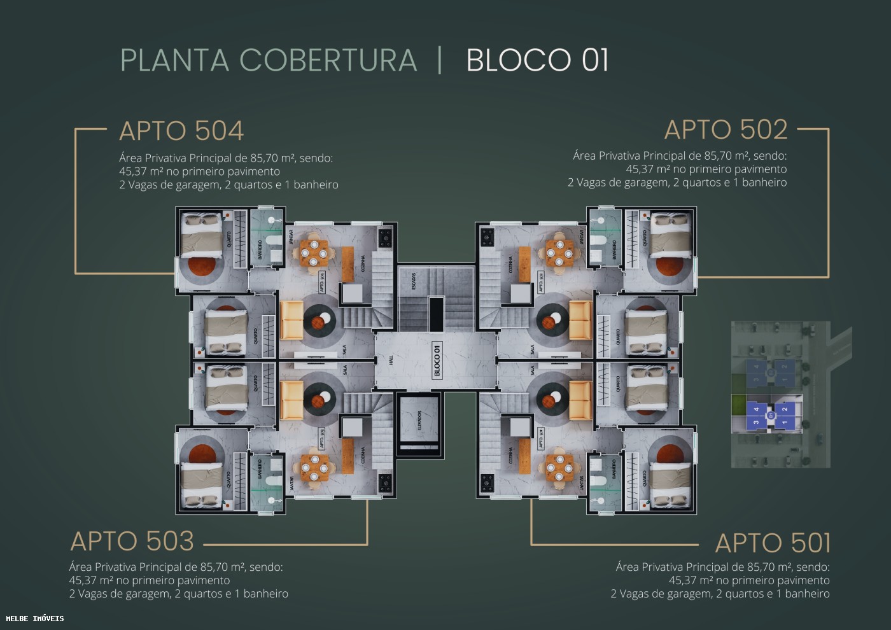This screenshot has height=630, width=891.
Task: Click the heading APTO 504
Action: pyautogui.click(x=181, y=131)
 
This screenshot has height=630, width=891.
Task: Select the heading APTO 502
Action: pyautogui.click(x=726, y=130)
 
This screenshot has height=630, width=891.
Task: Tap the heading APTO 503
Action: pyautogui.click(x=132, y=542)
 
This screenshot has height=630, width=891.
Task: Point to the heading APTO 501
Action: pyautogui.click(x=773, y=543)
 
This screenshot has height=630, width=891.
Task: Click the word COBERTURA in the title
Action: pyautogui.click(x=328, y=60)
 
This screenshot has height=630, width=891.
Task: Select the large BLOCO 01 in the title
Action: pyautogui.click(x=537, y=60)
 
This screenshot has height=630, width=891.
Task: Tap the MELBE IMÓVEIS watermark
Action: pyautogui.click(x=35, y=618)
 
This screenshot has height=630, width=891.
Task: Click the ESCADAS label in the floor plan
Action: pyautogui.click(x=413, y=280)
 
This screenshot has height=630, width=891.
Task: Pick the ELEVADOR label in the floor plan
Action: pyautogui.click(x=419, y=420)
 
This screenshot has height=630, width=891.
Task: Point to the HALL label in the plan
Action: pyautogui.click(x=391, y=360)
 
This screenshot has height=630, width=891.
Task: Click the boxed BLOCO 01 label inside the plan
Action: pyautogui.click(x=437, y=360)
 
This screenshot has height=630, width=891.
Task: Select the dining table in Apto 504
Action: pyautogui.click(x=314, y=249)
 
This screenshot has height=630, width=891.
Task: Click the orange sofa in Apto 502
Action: pyautogui.click(x=580, y=321)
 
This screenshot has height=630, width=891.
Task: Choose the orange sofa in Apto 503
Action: pyautogui.click(x=291, y=400)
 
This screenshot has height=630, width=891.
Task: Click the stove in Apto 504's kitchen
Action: pyautogui.click(x=385, y=238)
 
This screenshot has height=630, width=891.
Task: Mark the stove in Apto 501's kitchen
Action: pyautogui.click(x=488, y=482)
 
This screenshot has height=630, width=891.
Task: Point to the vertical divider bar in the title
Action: pyautogui.click(x=440, y=60)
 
